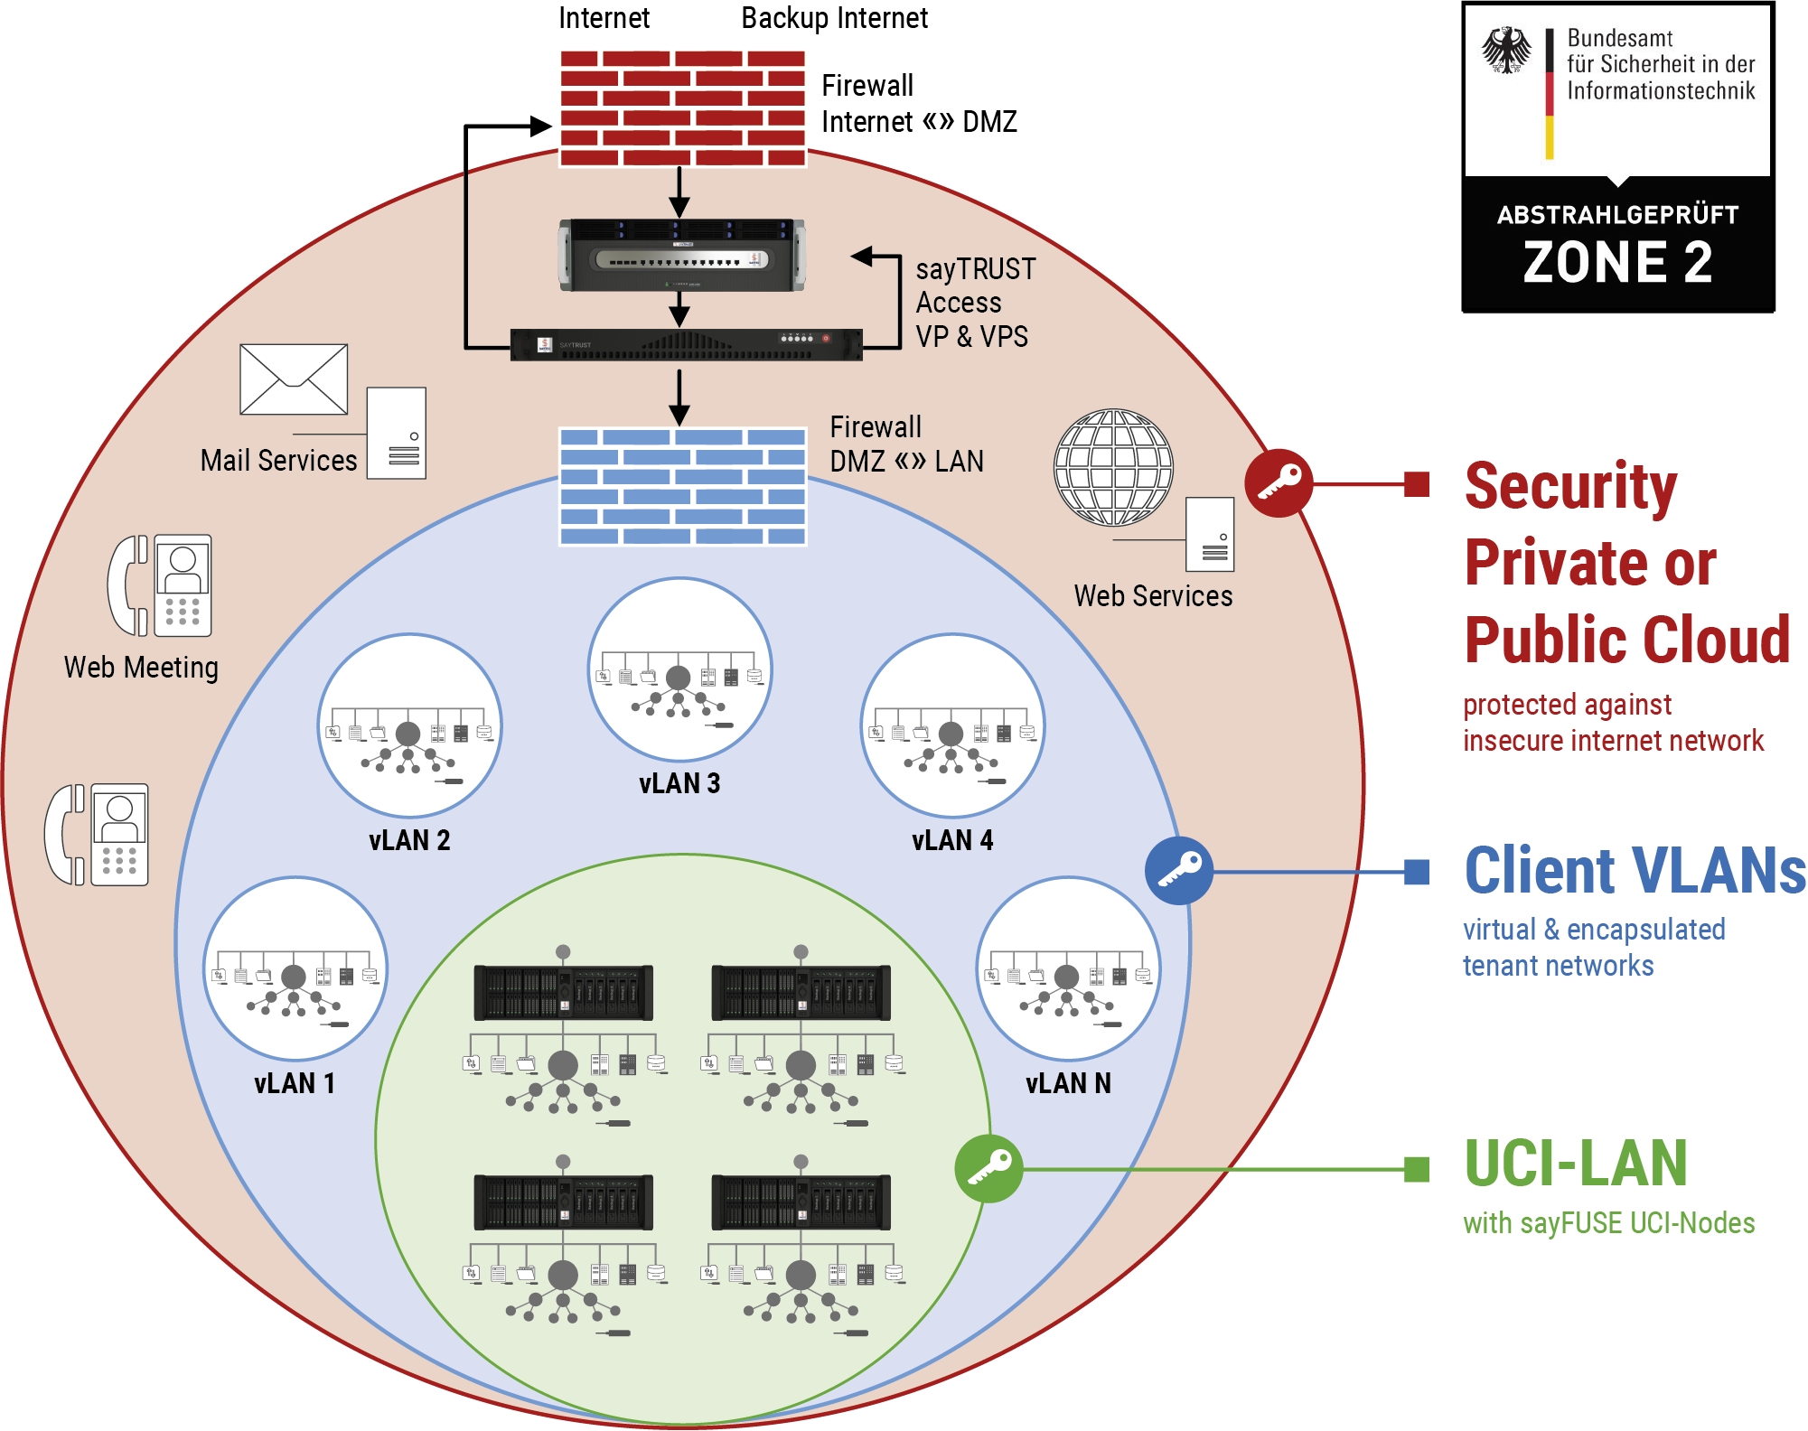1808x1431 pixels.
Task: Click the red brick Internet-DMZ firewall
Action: pos(682,108)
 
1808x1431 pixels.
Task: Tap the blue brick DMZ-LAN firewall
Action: pos(682,486)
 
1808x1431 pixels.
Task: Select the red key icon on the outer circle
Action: pos(1279,482)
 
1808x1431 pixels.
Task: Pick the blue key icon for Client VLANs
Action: pos(1179,871)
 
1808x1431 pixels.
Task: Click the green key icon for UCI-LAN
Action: pos(989,1168)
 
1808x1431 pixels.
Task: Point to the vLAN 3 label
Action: pos(679,783)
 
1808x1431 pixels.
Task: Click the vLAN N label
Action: pos(1068,1083)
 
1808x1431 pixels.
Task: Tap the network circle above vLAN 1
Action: pos(295,968)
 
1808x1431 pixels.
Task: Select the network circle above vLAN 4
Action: pos(952,725)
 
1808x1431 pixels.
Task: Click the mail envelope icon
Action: pos(294,379)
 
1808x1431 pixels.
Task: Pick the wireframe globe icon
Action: pos(1113,467)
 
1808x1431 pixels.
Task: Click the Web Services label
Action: pos(1153,596)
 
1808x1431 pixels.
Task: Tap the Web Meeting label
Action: pos(141,668)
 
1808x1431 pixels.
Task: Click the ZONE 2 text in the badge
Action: pos(1617,263)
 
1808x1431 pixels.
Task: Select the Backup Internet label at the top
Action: pos(834,18)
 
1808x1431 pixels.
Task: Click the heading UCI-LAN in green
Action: pos(1576,1164)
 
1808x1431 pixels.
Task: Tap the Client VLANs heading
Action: pos(1635,871)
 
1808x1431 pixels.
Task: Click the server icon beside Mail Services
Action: pos(397,434)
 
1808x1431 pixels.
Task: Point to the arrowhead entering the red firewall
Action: pos(541,126)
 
